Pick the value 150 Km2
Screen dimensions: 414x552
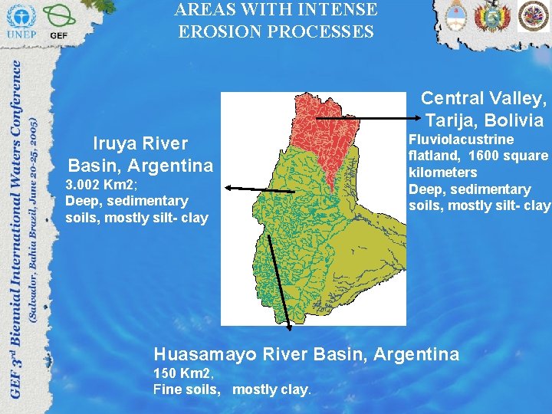(182, 373)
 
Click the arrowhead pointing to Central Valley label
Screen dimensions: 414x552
(415, 117)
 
